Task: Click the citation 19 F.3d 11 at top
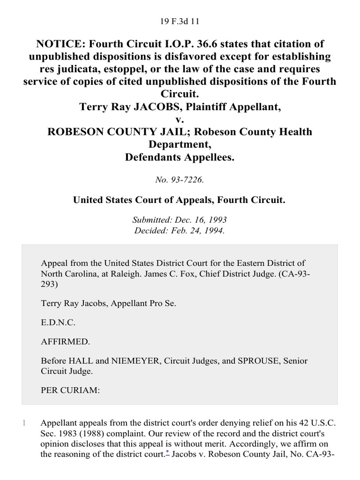(x=180, y=21)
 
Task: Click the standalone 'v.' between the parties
(x=180, y=120)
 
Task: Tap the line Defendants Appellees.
(x=180, y=157)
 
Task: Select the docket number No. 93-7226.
(x=180, y=179)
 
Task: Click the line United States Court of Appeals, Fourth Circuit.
(x=180, y=200)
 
